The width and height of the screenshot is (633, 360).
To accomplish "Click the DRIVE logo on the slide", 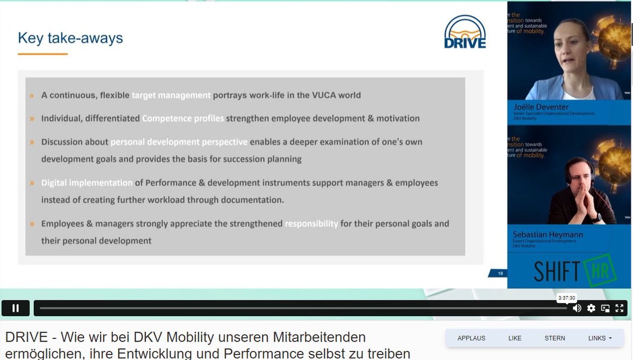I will coord(465,33).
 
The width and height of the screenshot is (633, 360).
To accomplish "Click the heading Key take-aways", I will coord(70,38).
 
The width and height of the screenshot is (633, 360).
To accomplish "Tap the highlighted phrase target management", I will coord(171,96).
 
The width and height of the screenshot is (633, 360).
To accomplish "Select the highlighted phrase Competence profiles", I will coord(183,118).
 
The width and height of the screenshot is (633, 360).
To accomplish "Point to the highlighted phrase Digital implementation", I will coord(87,183).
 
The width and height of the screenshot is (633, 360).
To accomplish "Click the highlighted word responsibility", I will coord(311,224).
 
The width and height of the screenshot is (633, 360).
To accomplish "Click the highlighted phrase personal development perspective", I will coord(179,142).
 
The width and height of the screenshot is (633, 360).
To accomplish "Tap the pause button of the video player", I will coord(16,308).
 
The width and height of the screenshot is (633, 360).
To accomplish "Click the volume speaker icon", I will coord(577,308).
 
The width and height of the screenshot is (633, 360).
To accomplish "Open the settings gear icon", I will coord(591,308).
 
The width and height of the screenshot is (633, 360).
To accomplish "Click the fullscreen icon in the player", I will coord(620,308).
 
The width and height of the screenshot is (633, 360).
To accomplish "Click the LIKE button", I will coord(514,338).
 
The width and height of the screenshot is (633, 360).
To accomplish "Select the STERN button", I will coord(554,338).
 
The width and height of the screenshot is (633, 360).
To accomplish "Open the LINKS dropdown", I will coord(600,338).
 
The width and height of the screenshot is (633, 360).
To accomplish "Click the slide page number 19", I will coord(500,273).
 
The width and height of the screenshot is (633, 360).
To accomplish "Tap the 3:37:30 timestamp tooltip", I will coord(567,298).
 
